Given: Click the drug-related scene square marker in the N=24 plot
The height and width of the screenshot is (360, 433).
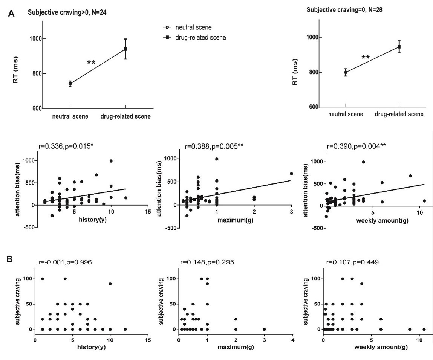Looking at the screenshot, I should [125, 49].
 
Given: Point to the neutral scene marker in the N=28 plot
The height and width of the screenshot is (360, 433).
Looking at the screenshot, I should [346, 72].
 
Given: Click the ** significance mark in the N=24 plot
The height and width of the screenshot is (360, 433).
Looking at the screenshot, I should [91, 63].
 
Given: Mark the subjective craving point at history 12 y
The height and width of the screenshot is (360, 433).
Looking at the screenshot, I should [125, 329].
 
